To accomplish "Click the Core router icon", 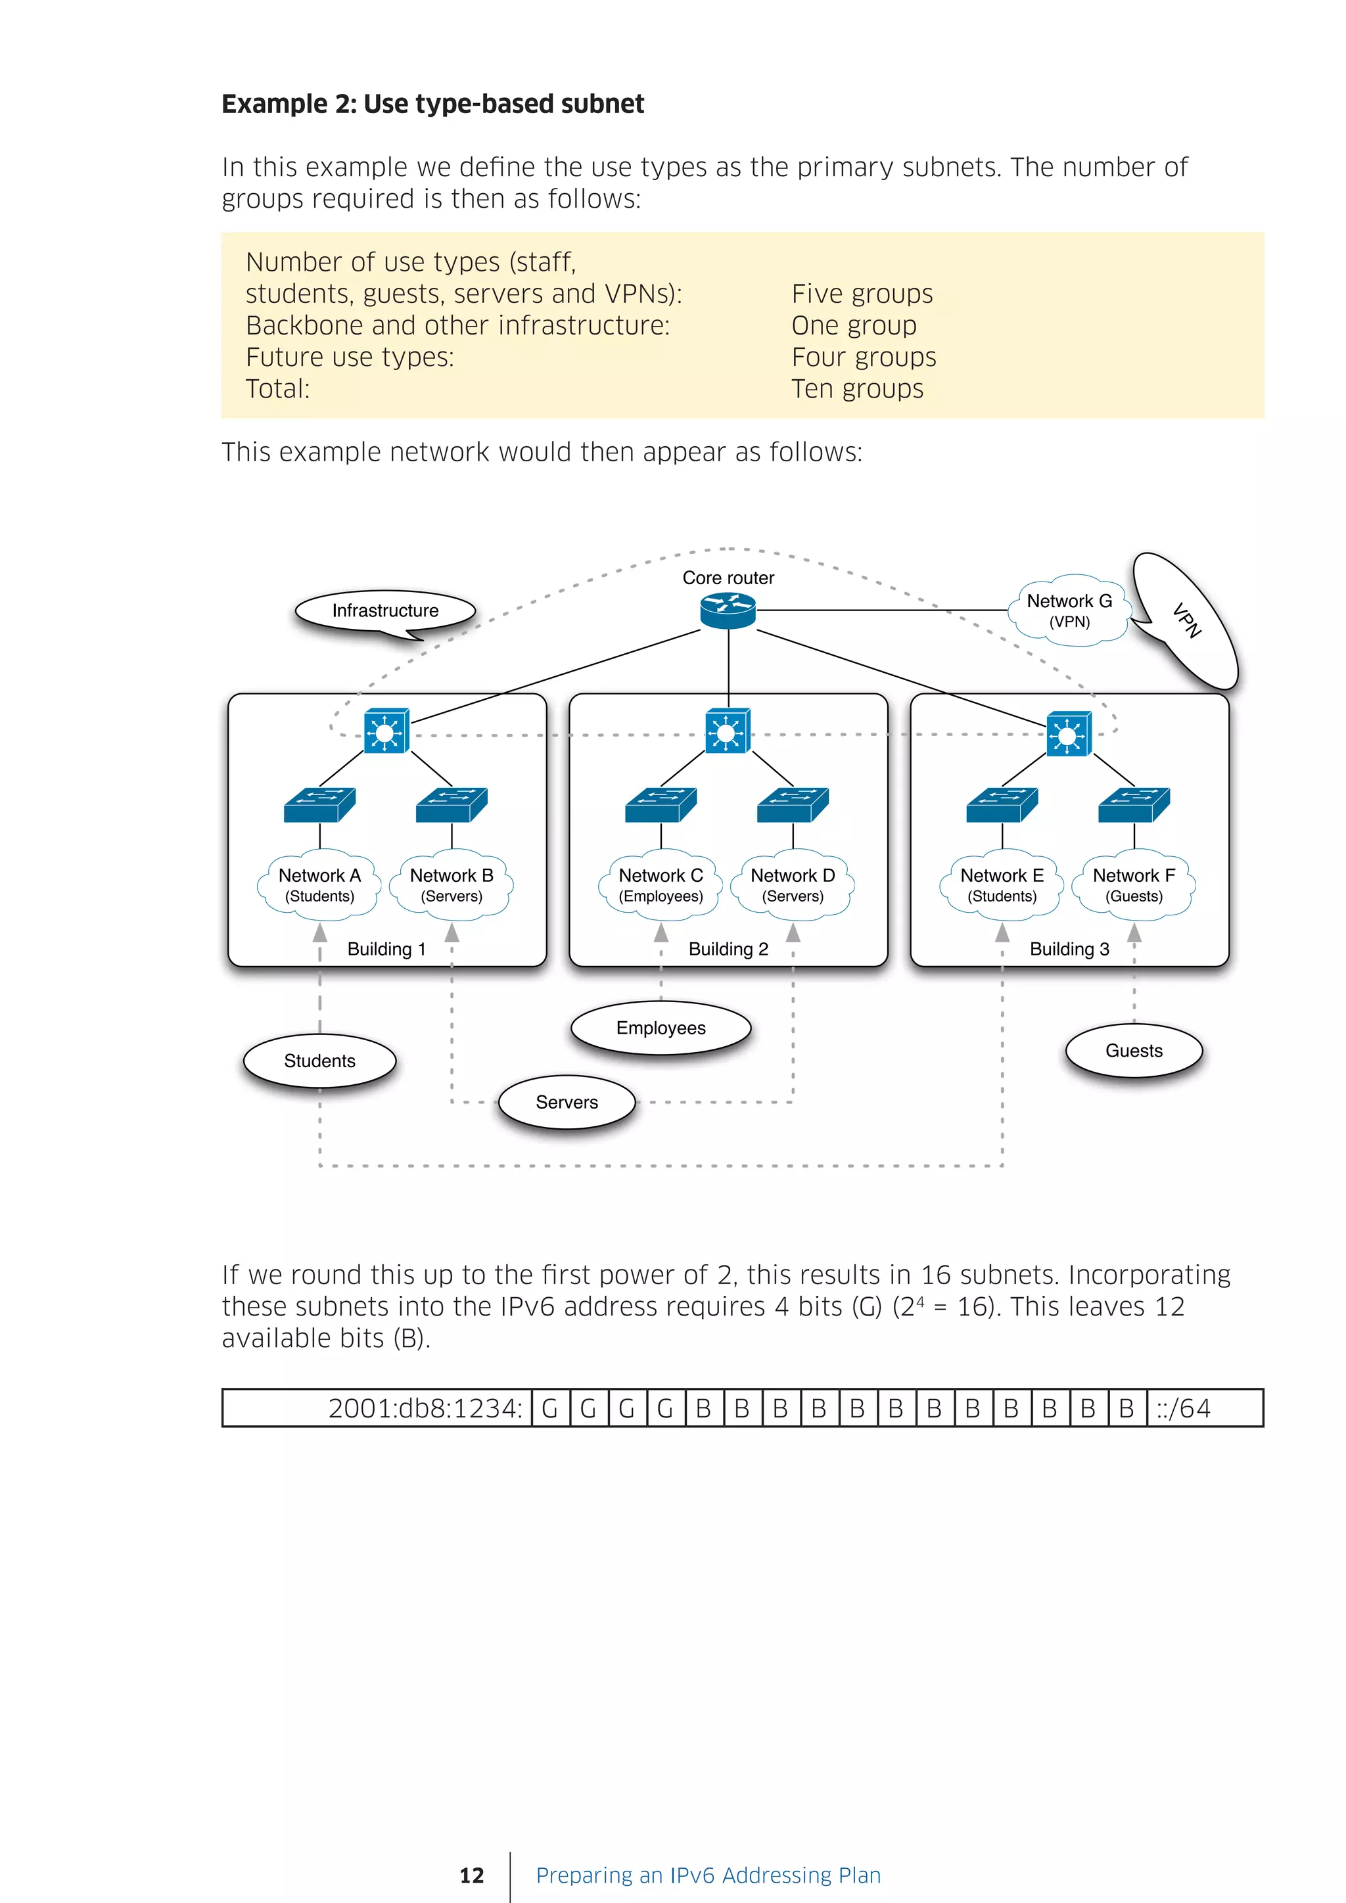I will [728, 611].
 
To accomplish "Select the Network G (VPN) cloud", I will [1069, 610].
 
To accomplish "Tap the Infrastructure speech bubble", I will [385, 611].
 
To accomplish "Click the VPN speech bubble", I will [1186, 620].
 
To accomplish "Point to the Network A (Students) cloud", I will [319, 885].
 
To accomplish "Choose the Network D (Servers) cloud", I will [793, 885].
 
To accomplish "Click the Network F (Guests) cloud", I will [1133, 885].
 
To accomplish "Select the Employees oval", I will [661, 1028].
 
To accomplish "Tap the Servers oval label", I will [567, 1103].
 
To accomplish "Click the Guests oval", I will [1133, 1051].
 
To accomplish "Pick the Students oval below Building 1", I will [319, 1061].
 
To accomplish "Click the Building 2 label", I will [728, 949].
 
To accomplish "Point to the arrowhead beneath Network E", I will [1002, 933].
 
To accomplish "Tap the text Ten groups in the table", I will [857, 389].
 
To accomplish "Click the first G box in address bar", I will [549, 1408].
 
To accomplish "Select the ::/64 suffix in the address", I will [1184, 1408].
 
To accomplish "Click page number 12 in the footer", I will [472, 1875].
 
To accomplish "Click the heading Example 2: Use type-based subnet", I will [432, 104].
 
